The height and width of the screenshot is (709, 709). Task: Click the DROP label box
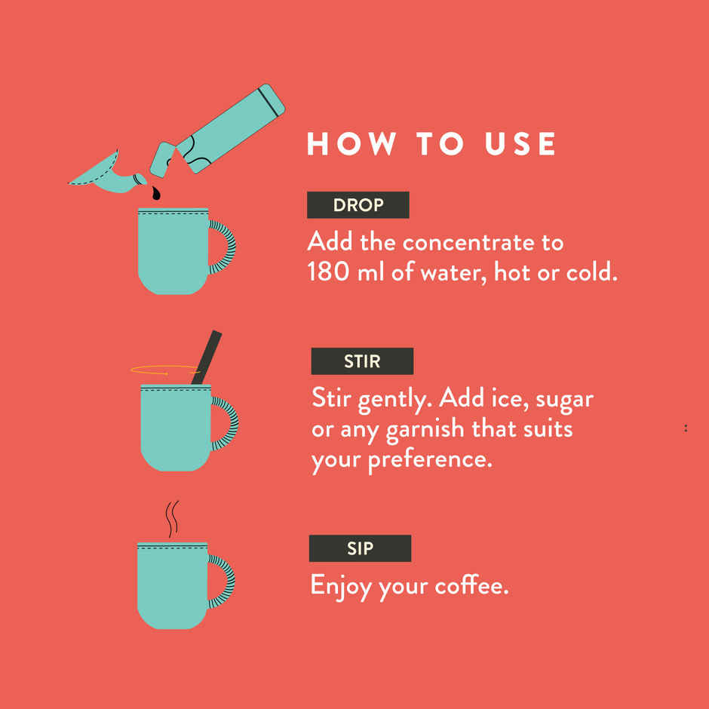pos(358,205)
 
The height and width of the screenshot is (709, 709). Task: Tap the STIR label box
pos(362,361)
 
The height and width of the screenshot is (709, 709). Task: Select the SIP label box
pos(360,548)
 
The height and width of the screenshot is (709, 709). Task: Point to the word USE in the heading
pos(520,144)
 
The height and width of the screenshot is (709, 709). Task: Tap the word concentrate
pos(468,243)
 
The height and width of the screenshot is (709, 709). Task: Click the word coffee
pos(471,585)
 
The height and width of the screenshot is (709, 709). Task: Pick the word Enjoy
pos(342,587)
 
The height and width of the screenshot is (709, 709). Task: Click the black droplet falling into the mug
pos(156,193)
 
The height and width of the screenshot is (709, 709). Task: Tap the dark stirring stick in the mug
pos(206,358)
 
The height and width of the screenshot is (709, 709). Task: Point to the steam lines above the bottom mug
pos(172,519)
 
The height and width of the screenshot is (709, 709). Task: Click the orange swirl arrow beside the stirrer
pos(165,370)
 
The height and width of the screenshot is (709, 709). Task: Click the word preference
pos(430,460)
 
